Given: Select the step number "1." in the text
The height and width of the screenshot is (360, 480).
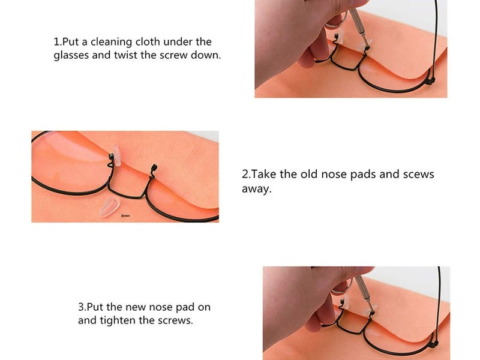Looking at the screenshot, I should click(58, 42).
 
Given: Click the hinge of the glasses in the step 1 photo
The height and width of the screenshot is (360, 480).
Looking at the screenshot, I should click(430, 80).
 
